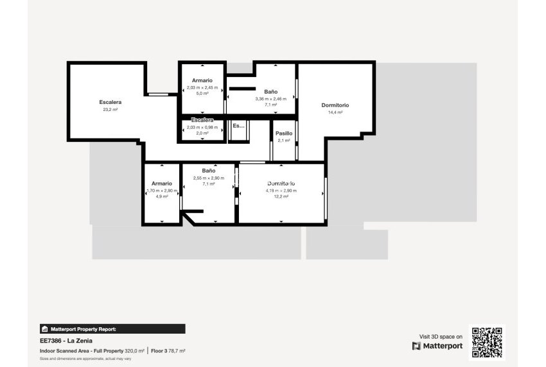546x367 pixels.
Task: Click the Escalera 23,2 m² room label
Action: point(110,102)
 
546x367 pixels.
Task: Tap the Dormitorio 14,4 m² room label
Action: point(335,105)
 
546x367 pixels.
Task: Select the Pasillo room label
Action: point(284,133)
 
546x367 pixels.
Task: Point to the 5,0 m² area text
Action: point(202,94)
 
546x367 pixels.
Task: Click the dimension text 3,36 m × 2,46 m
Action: point(270,99)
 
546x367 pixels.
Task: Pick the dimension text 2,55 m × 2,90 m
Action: point(209,178)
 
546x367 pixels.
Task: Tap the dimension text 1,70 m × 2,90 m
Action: point(162,191)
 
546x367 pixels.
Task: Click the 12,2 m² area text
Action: point(281,196)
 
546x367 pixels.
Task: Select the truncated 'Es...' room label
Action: point(238,126)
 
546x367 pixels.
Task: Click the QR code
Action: point(487,342)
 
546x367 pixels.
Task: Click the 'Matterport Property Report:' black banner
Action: point(113,329)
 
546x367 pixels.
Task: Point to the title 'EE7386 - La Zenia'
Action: point(63,341)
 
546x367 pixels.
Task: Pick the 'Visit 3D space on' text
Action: point(441,336)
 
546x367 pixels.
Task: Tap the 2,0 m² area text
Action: point(202,133)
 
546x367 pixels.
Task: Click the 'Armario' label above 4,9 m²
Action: point(162,183)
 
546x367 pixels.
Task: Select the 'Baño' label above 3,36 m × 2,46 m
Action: point(270,92)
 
